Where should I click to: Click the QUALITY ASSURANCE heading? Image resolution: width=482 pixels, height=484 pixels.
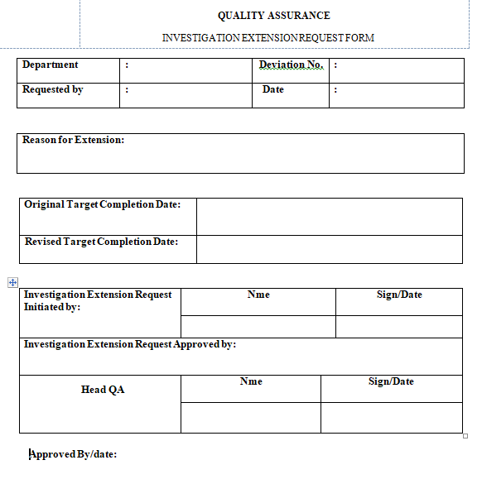[273, 16]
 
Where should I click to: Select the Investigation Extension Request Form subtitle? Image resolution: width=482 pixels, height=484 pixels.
[268, 38]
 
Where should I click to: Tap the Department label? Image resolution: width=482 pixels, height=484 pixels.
[51, 65]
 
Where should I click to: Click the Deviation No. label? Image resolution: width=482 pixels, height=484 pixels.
[291, 65]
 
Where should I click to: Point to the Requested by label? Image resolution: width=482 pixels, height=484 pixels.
[53, 90]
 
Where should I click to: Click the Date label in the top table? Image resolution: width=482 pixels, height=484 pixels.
[273, 90]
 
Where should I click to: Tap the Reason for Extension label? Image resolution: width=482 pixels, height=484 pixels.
[74, 141]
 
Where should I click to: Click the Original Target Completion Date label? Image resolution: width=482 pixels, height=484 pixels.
[103, 204]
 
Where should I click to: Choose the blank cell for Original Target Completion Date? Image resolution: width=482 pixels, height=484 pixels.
[329, 216]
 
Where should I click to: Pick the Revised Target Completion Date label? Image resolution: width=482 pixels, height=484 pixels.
[101, 242]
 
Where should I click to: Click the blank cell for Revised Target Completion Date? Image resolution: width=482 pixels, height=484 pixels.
[329, 249]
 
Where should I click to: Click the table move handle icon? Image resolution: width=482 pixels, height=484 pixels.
[12, 282]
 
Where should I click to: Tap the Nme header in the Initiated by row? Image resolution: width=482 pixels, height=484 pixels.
[258, 295]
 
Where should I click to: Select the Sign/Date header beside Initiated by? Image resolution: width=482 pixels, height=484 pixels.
[399, 295]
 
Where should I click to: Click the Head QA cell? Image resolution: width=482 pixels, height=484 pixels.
[103, 390]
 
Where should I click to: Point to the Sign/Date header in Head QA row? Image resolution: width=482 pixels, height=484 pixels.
[391, 382]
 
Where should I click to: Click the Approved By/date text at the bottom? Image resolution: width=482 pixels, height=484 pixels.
[75, 454]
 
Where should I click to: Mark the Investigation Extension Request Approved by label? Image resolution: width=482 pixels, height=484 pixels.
[130, 345]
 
